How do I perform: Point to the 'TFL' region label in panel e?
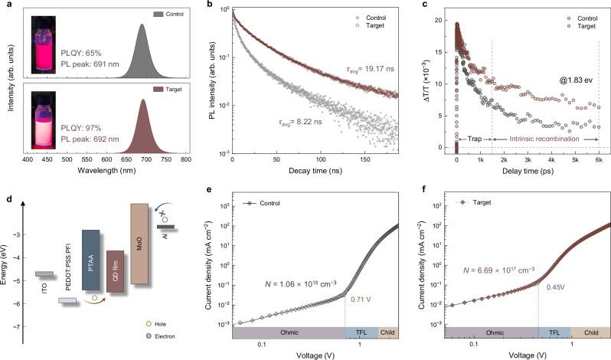(362, 333)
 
